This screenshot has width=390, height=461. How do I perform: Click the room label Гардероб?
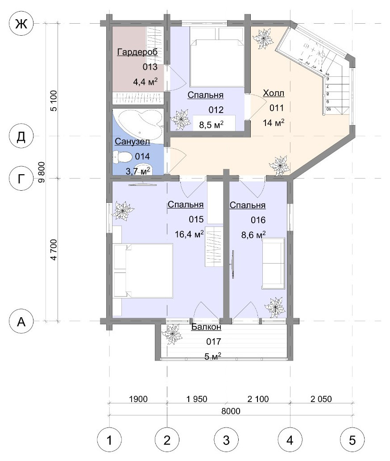[137, 52]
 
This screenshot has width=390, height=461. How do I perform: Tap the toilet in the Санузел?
[122, 156]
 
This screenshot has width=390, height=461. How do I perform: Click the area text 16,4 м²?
[189, 234]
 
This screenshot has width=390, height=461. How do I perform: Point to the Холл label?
[274, 93]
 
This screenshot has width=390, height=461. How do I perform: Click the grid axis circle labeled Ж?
[21, 24]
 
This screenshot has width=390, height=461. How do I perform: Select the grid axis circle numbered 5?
[352, 440]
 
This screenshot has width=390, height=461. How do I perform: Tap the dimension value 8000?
[231, 411]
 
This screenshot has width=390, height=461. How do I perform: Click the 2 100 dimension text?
[258, 399]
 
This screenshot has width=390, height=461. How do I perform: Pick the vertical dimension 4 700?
[54, 250]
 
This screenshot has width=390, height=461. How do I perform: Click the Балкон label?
[206, 327]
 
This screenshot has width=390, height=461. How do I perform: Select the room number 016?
[258, 220]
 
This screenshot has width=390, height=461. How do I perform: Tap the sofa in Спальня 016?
[274, 263]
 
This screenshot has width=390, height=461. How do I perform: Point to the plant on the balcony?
[172, 334]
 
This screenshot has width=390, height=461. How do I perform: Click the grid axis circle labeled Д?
[21, 136]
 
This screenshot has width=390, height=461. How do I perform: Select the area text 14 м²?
[274, 122]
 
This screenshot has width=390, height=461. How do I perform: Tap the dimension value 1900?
[138, 399]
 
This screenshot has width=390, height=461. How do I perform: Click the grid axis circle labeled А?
[21, 322]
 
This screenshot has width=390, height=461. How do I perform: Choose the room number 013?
[150, 67]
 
